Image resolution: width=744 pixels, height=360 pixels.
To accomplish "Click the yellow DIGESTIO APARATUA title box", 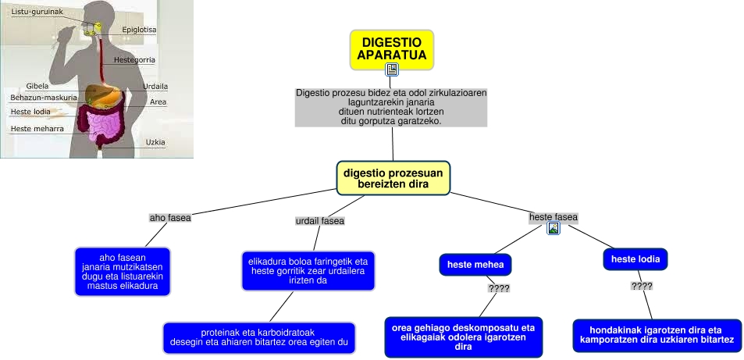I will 391,48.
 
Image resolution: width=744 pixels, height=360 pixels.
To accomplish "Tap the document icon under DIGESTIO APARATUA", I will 392,70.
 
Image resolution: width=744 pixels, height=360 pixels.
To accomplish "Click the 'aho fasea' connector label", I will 170,218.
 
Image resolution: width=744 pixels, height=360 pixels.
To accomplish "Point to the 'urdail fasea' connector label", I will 320,221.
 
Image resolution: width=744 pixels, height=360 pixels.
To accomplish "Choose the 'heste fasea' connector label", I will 553,216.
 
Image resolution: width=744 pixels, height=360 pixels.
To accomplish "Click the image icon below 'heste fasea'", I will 554,229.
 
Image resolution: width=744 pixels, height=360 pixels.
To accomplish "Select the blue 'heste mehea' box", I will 474,265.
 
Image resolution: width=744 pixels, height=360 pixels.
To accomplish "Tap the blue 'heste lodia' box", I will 635,259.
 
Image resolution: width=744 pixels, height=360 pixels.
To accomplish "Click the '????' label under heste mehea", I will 498,289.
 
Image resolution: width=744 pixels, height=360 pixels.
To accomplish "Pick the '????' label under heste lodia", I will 642,286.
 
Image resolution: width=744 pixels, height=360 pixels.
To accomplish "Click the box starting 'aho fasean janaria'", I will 123,272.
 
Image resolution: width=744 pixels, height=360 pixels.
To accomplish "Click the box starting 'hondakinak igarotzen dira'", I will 656,334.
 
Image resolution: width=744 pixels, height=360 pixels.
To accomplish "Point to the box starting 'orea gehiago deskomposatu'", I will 463,337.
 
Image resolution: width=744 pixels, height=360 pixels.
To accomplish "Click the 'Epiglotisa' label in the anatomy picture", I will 139,30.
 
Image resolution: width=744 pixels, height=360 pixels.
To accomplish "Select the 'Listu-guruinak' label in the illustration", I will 37,12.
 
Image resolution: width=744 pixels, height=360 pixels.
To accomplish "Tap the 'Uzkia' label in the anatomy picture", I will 155,142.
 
